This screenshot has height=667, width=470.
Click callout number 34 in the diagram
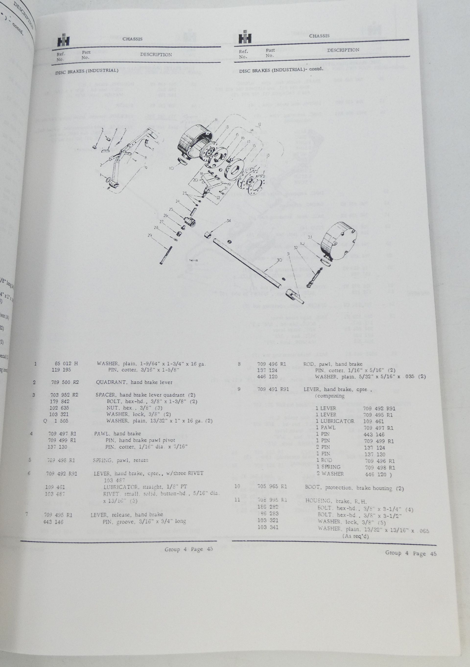(x=229, y=221)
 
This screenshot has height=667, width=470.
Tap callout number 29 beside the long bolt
(x=150, y=235)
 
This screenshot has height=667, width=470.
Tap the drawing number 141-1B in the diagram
(x=193, y=261)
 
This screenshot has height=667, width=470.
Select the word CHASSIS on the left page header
(x=132, y=39)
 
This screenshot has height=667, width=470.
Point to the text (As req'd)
(x=355, y=536)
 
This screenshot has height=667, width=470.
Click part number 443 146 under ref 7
(x=53, y=522)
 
